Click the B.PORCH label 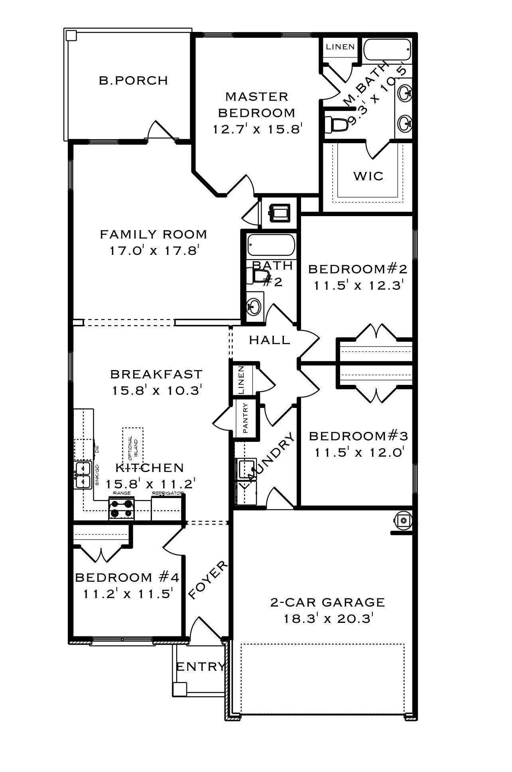click(x=133, y=81)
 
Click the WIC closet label click(x=368, y=176)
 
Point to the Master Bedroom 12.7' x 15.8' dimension click(x=256, y=129)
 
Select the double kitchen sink click(x=83, y=475)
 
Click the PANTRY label click(x=246, y=418)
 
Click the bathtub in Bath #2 click(x=271, y=245)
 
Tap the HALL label click(x=269, y=340)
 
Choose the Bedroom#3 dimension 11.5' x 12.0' click(x=358, y=453)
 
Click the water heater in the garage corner click(x=403, y=520)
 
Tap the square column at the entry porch click(x=179, y=689)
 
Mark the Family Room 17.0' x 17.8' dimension click(x=154, y=251)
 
